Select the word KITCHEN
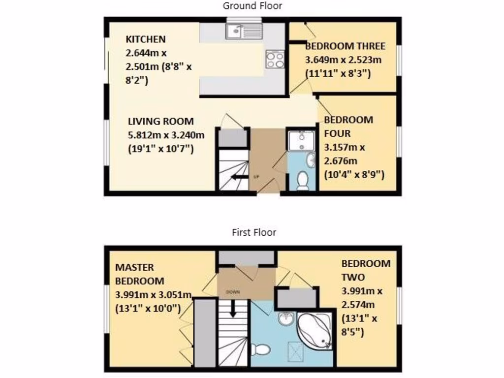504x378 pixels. (x=146, y=39)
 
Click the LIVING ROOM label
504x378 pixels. (x=161, y=121)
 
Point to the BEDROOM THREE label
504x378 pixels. (x=345, y=46)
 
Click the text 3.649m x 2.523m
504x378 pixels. (x=343, y=60)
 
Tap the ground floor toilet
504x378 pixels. (x=303, y=181)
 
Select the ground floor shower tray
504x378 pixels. (x=300, y=141)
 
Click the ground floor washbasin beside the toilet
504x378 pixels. (x=311, y=159)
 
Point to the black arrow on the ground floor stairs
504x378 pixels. (x=240, y=177)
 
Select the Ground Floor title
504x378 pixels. (x=252, y=6)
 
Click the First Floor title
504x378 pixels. (x=254, y=232)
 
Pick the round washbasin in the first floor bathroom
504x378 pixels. (x=285, y=319)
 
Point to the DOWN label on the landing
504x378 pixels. (x=233, y=291)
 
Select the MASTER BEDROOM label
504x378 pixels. (x=139, y=274)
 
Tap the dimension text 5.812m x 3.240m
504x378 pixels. (x=166, y=134)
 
